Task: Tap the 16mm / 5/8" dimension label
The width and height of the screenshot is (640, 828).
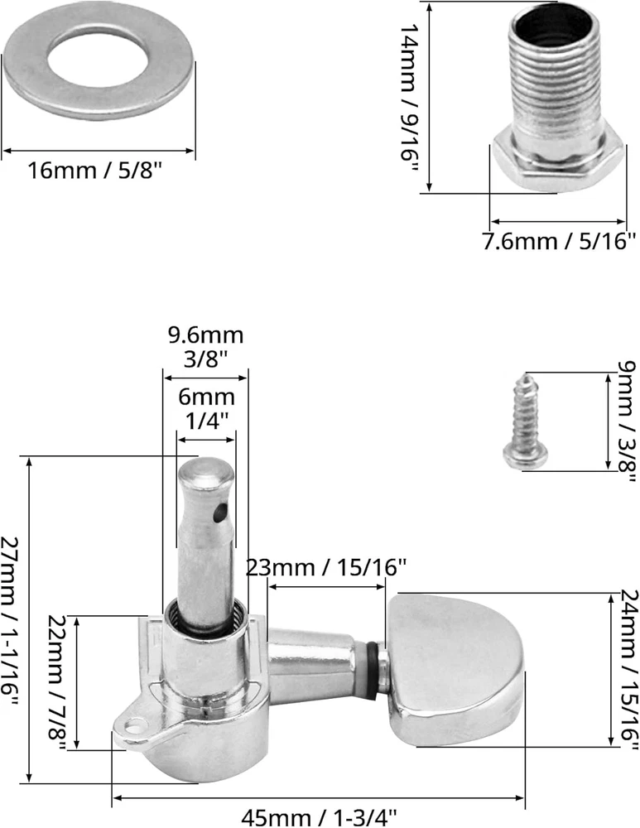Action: [94, 171]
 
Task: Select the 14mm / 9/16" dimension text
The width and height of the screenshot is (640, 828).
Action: [409, 99]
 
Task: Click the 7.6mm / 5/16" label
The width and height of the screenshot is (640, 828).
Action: [559, 242]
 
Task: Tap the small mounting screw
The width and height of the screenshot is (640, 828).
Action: [525, 422]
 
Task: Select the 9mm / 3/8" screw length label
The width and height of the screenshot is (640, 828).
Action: [628, 421]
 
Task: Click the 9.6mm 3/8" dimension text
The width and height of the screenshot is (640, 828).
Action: [206, 347]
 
